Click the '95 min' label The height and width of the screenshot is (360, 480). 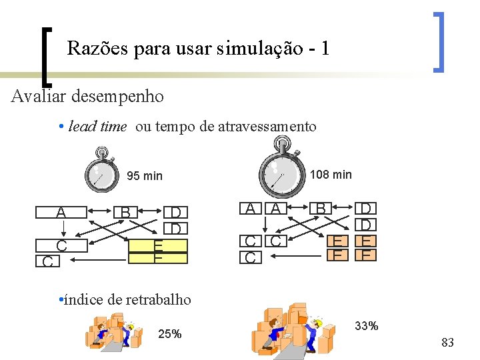pyautogui.click(x=145, y=176)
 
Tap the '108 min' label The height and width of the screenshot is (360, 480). pyautogui.click(x=331, y=175)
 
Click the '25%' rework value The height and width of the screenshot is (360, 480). pyautogui.click(x=170, y=334)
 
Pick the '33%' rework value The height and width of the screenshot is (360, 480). pyautogui.click(x=367, y=326)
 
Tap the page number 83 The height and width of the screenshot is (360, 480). pyautogui.click(x=447, y=343)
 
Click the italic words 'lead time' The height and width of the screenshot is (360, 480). pyautogui.click(x=97, y=127)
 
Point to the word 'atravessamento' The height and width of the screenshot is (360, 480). pyautogui.click(x=267, y=127)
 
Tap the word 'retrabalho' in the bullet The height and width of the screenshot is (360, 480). pyautogui.click(x=158, y=299)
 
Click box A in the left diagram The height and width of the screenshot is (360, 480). pyautogui.click(x=61, y=213)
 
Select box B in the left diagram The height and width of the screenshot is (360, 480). pyautogui.click(x=125, y=213)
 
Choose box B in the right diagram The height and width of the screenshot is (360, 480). pyautogui.click(x=321, y=208)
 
